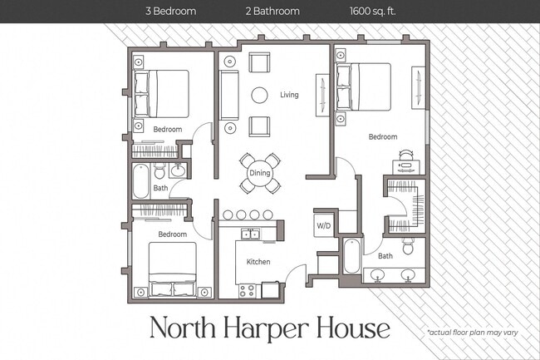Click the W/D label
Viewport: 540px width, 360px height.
coord(323,225)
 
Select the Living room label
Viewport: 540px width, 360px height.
coord(288,95)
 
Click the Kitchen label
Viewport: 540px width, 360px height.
coord(258,262)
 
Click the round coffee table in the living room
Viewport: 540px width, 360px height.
coord(259,95)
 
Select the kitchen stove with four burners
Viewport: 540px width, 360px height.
coord(247,290)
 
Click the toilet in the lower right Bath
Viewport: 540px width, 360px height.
coord(408,247)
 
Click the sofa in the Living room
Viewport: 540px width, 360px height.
coord(229,94)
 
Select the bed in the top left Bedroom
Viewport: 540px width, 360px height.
coord(161,92)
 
